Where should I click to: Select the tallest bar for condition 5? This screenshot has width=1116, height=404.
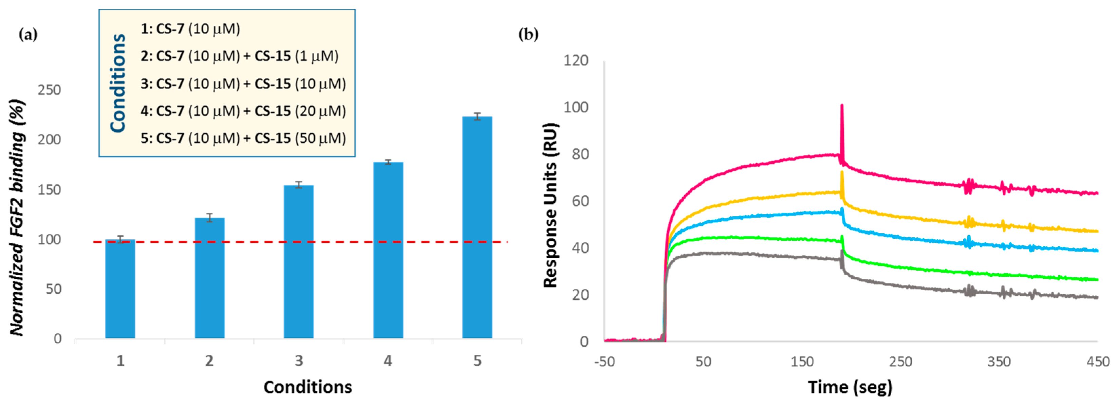(477, 227)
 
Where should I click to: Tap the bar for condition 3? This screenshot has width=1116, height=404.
(298, 261)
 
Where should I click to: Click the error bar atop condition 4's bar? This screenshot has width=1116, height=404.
(388, 162)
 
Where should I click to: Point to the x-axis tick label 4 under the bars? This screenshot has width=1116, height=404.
(388, 361)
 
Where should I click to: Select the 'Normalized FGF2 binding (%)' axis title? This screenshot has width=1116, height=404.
(17, 218)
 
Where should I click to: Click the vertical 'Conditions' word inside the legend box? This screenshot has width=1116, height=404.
(118, 83)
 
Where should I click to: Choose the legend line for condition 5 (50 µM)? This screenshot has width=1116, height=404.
(243, 138)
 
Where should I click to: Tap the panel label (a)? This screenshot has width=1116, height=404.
(29, 35)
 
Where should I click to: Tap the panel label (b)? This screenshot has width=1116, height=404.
(528, 35)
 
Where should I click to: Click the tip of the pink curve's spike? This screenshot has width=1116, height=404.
(842, 105)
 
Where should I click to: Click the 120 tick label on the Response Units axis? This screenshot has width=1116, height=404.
(575, 60)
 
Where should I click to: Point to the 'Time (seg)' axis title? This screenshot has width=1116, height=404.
(850, 387)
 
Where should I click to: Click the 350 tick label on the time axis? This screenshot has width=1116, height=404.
(999, 362)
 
